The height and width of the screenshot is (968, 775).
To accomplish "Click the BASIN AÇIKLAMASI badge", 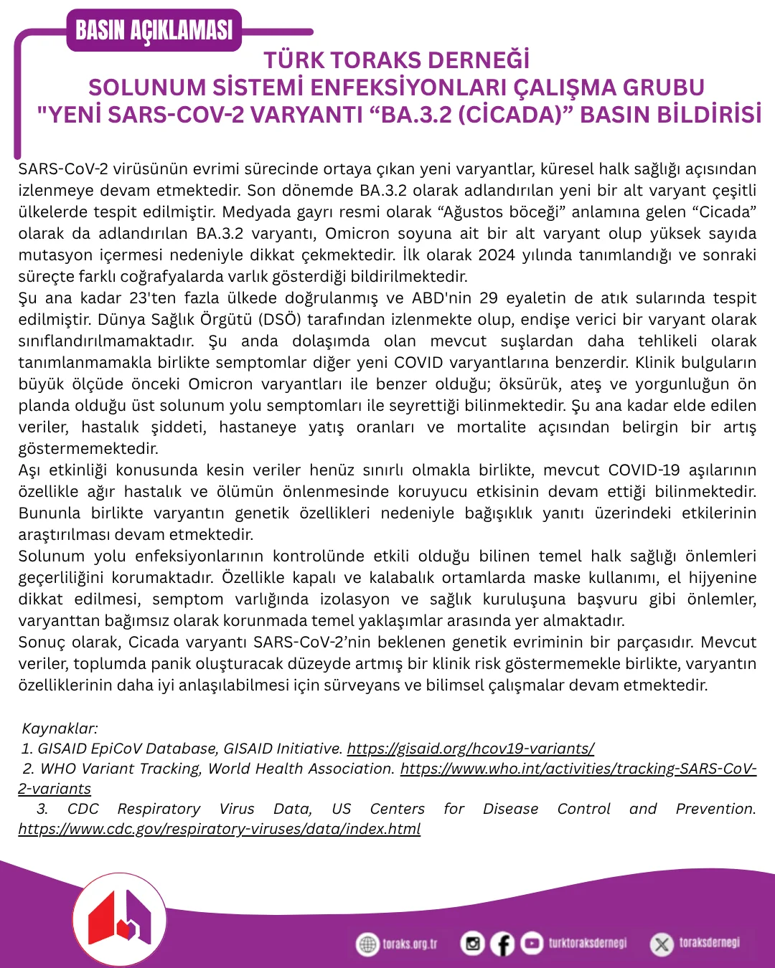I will (154, 30).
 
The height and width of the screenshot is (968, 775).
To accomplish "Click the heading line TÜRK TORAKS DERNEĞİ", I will (397, 60).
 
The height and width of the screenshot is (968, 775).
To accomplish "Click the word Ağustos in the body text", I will (473, 212).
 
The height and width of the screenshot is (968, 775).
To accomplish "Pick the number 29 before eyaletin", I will (489, 298).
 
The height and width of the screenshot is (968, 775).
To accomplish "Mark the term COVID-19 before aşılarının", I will (644, 470).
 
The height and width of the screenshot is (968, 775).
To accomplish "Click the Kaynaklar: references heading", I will (60, 729).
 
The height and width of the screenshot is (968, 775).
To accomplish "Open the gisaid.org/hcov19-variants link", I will (471, 749).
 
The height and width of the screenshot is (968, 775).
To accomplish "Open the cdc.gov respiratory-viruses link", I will (220, 829).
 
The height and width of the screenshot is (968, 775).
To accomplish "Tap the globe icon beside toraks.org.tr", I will (367, 944).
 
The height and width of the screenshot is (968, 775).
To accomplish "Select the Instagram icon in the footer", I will (472, 944).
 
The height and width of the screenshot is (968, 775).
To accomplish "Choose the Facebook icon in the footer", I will (502, 944).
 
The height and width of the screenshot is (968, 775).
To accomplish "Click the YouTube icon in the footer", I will (532, 943).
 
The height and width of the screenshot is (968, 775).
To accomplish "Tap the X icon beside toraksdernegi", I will (661, 944).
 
